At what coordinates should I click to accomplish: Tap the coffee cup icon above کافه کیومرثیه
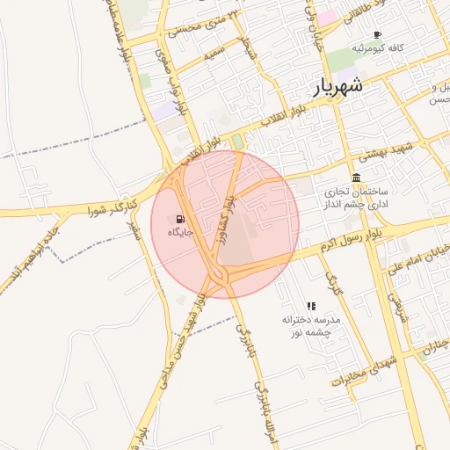pos(377,35)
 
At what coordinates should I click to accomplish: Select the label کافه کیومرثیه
pos(377,47)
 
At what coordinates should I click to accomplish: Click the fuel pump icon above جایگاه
pos(180,219)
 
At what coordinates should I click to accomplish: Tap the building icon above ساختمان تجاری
pos(356,178)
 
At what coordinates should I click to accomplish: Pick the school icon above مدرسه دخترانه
pos(311,306)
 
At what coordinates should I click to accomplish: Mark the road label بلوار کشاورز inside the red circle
pos(225,220)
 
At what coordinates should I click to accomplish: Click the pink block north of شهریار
pos(327,18)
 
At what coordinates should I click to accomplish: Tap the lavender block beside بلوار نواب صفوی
pos(163,111)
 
